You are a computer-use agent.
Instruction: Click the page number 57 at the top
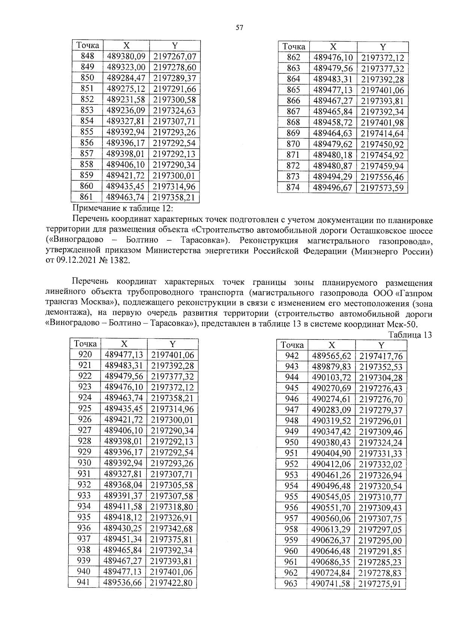240,27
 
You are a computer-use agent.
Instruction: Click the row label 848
87,56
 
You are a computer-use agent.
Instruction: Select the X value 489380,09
126,57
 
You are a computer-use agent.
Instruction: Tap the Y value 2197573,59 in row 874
382,188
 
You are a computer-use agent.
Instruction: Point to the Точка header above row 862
294,47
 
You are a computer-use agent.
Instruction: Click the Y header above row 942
381,345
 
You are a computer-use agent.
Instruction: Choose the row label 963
291,584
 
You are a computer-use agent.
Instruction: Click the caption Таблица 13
410,335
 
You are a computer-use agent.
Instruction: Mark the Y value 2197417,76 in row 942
381,356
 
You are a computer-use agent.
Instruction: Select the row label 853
87,110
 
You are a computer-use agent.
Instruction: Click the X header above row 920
124,344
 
